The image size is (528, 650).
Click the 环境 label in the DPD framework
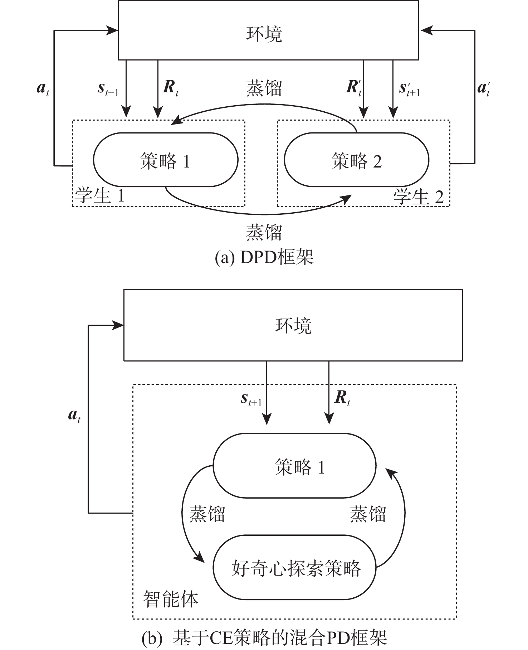pyautogui.click(x=264, y=34)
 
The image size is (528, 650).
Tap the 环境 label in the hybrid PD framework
pyautogui.click(x=293, y=326)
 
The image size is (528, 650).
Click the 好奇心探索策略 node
pyautogui.click(x=296, y=568)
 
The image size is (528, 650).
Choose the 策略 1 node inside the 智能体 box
pyautogui.click(x=300, y=467)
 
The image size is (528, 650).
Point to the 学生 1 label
pyautogui.click(x=99, y=196)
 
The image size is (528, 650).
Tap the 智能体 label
pyautogui.click(x=171, y=599)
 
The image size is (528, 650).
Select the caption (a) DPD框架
pyautogui.click(x=264, y=257)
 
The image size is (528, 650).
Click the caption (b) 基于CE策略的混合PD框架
pyautogui.click(x=264, y=638)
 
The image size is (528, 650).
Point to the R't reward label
pyautogui.click(x=353, y=88)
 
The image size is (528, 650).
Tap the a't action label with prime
pyautogui.click(x=483, y=88)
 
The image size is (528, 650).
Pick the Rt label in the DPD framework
pyautogui.click(x=170, y=88)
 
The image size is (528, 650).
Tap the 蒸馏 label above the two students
pyautogui.click(x=264, y=88)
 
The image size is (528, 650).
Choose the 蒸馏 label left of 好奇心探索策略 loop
pyautogui.click(x=207, y=514)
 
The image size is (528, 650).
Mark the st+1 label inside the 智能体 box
pyautogui.click(x=251, y=400)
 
